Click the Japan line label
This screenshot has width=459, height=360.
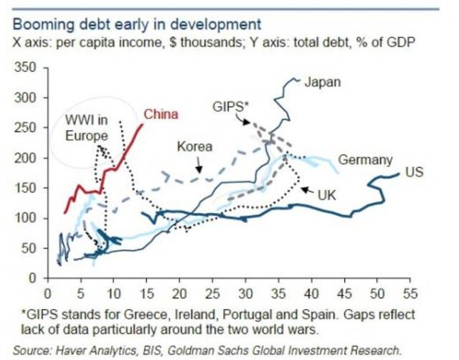coord(323,82)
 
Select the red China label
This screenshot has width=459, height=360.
coord(161,114)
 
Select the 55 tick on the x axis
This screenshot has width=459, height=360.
coord(410,293)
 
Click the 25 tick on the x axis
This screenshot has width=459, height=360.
coord(212,293)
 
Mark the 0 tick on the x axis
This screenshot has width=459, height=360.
coord(47,293)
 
